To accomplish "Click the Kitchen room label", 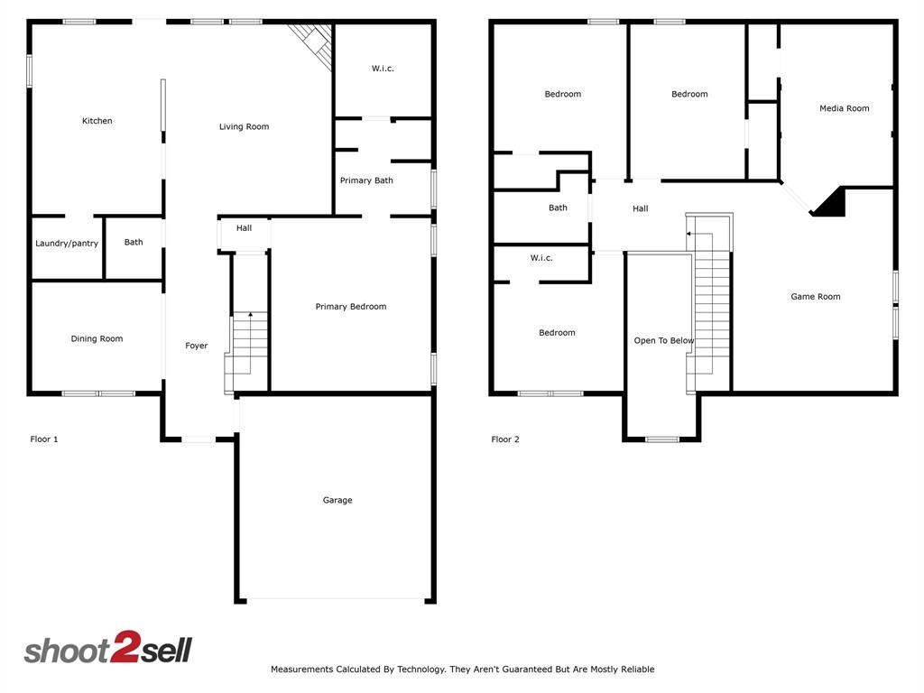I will pos(97,121).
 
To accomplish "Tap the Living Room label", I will pos(244,127).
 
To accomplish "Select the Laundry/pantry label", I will pos(67,243).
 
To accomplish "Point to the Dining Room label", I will pos(97,339).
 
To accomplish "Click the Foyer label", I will pos(196,346).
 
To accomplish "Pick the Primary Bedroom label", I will pos(350,307).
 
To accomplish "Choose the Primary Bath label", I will pos(366,180).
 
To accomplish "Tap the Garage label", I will pos(337,500).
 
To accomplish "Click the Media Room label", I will pos(844,108).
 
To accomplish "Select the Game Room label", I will pos(815,297).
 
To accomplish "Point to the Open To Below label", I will pos(663,341).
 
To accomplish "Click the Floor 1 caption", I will pos(44,439).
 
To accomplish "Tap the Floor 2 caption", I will pos(505,439).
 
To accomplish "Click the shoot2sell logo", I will pos(108,650).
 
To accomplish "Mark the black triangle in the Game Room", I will pos(832,204).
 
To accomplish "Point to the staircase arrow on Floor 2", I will pos(688,234).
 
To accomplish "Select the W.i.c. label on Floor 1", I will pos(383,69).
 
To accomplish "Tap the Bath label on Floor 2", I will pos(558,208).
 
